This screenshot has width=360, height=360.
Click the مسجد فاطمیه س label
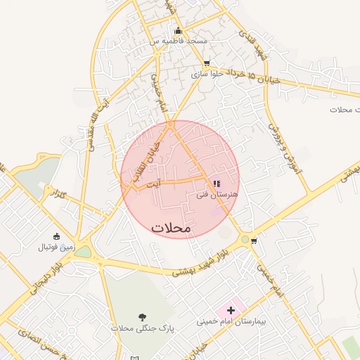[178, 41]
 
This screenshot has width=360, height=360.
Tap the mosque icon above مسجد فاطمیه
[178, 30]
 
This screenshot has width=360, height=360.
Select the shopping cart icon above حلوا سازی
[206, 63]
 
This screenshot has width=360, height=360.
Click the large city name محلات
[171, 228]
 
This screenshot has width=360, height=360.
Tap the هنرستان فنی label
[219, 193]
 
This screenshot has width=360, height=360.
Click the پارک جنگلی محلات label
[142, 328]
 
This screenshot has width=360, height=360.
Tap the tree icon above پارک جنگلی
[143, 317]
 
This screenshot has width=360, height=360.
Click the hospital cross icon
[230, 309]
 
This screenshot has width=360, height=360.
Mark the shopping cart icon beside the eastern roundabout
[254, 240]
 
